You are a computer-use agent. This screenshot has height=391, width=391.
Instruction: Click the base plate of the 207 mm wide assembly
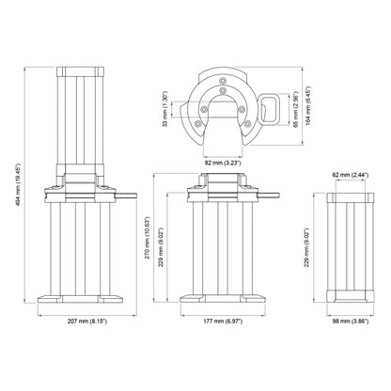[83, 302]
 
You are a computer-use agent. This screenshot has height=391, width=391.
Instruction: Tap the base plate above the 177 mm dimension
[222, 302]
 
